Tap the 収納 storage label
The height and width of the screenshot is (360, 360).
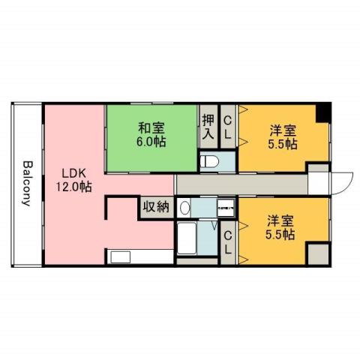point(156,206)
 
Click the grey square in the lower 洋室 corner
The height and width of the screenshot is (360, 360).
point(319,253)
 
